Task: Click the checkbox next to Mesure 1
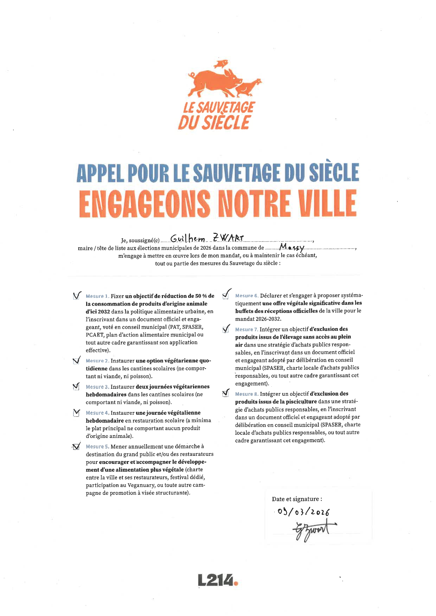pos(76,296)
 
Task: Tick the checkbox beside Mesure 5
pos(76,447)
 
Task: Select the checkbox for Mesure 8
pos(226,394)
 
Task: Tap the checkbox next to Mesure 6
pos(226,295)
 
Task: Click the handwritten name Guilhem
pos(188,239)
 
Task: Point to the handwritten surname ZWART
pos(228,238)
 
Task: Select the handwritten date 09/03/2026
pos(303,512)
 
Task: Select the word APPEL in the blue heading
pos(100,173)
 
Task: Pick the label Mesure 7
pos(246,329)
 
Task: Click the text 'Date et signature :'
pos(297,499)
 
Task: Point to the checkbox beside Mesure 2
pos(76,361)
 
